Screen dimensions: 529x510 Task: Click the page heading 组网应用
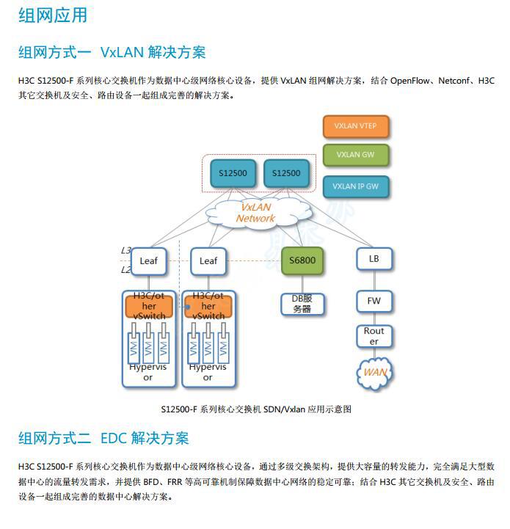52,15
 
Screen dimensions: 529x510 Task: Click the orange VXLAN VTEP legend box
355,126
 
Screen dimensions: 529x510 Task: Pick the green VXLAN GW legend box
355,156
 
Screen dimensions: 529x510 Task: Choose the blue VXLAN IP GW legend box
355,186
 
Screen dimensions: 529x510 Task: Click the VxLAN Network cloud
255,213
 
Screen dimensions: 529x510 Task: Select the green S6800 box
302,260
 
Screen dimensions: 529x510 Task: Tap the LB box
374,259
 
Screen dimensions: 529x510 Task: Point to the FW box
374,301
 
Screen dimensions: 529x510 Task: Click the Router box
374,336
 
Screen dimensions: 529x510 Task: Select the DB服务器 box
302,303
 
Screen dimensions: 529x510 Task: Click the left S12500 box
233,173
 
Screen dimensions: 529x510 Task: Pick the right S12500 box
286,173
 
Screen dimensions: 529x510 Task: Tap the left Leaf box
149,260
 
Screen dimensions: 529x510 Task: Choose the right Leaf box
208,260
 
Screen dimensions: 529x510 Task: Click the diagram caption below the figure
255,409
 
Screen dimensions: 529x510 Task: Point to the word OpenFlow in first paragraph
413,81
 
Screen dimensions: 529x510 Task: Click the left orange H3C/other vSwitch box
149,306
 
